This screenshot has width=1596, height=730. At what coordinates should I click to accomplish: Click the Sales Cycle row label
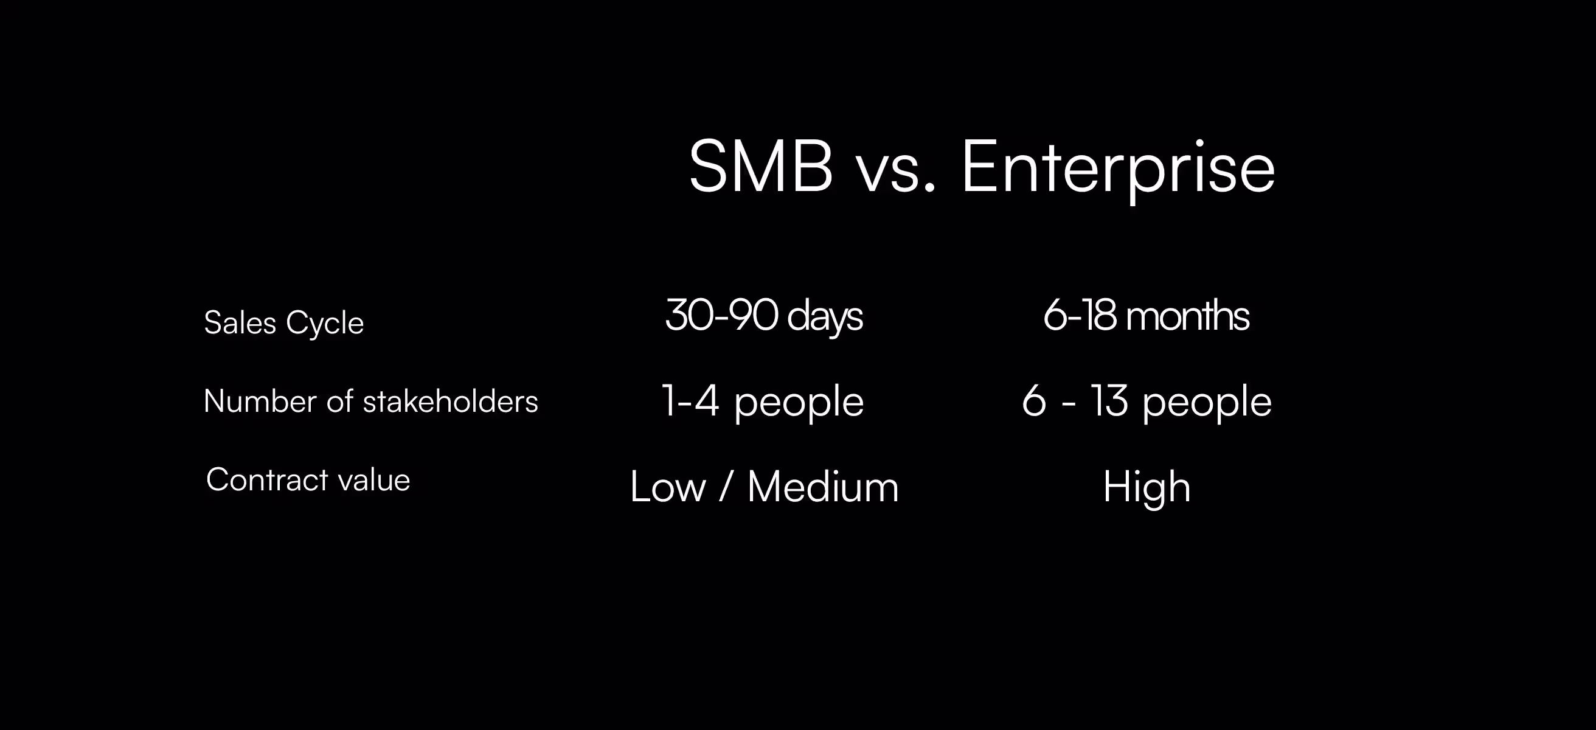point(284,322)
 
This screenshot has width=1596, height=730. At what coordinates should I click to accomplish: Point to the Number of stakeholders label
point(370,401)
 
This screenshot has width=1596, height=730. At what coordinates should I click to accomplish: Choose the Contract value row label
point(308,479)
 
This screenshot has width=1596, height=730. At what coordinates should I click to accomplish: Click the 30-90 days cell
point(763,316)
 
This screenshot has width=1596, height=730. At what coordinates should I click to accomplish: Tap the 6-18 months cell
point(1146,316)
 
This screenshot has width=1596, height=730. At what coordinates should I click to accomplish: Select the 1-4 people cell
point(763,401)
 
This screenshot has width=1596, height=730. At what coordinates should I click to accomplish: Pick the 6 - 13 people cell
point(1146,401)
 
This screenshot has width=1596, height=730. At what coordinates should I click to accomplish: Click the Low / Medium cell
point(764,487)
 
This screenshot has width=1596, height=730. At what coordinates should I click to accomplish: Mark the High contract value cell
point(1146,487)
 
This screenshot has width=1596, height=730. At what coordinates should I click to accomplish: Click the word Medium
point(823,487)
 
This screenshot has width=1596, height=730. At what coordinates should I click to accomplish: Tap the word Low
point(668,487)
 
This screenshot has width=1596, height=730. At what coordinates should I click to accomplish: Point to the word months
point(1187,316)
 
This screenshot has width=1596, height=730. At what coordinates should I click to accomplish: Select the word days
point(825,317)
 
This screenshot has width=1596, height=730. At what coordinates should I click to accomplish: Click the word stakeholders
point(451,401)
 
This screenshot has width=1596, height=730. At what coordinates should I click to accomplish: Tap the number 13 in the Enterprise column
point(1109,401)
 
